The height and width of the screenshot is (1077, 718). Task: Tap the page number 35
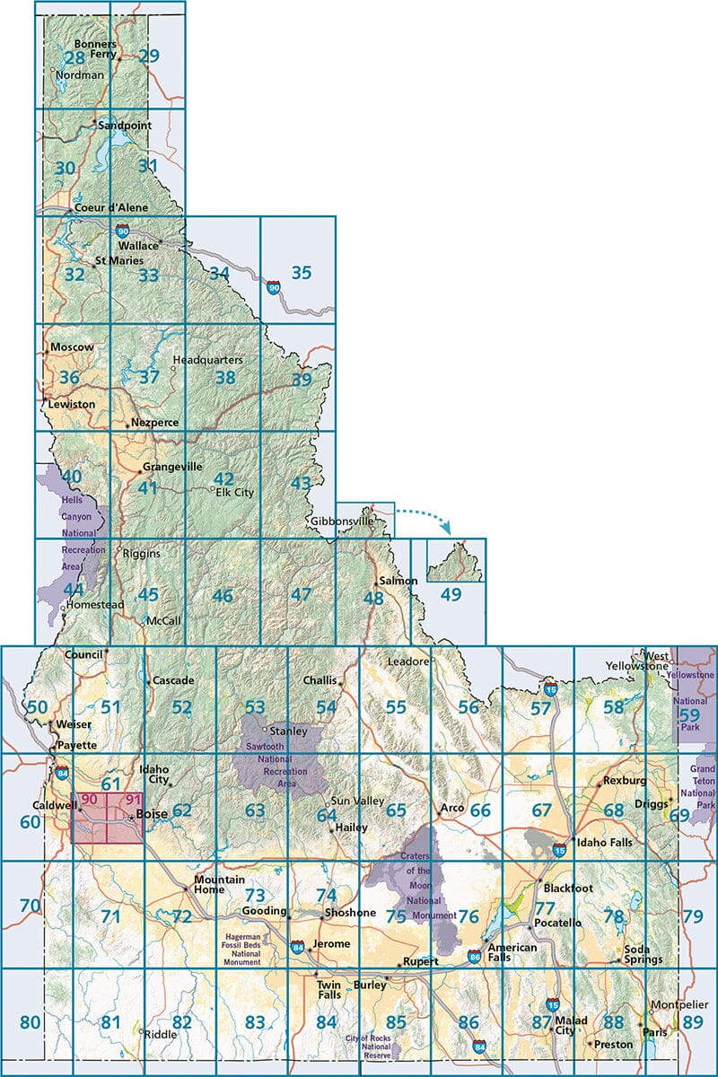(x=302, y=272)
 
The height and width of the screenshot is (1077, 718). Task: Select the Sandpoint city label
(x=124, y=127)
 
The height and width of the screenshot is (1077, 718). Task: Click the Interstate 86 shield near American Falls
(x=474, y=956)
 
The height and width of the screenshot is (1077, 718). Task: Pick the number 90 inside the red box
(x=89, y=800)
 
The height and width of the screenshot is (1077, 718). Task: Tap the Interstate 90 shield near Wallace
(x=122, y=231)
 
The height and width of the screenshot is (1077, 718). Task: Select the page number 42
(x=223, y=478)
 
